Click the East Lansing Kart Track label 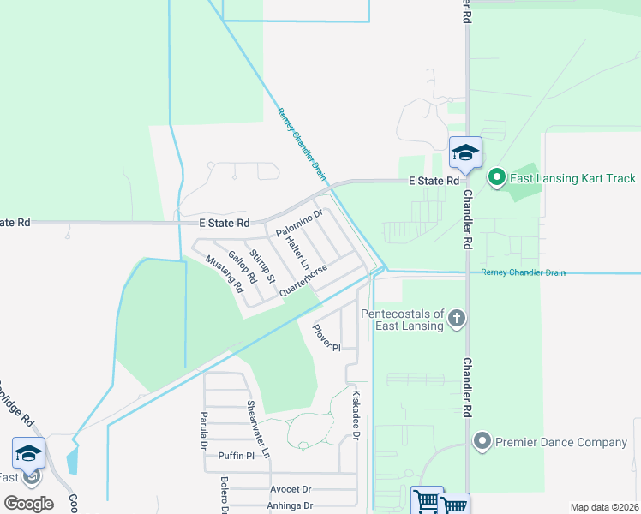(573, 178)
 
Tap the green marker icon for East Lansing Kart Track (495, 178)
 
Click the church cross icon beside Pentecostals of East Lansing (457, 320)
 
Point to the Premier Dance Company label (560, 442)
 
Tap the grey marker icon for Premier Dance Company (482, 442)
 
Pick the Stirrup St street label (264, 266)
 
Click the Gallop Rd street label (243, 267)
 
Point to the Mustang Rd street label (220, 275)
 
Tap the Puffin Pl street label (237, 456)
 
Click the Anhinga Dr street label (291, 505)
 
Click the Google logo (28, 504)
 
